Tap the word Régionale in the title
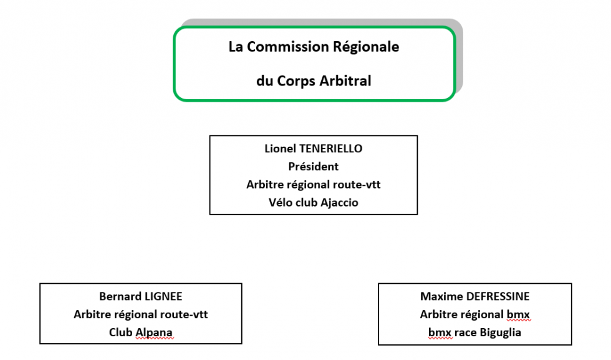click(366, 47)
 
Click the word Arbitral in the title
click(345, 80)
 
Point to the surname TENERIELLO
click(330, 148)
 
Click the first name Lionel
click(280, 148)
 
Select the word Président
click(313, 167)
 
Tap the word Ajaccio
click(339, 203)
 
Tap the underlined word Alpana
click(154, 333)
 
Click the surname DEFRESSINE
click(498, 296)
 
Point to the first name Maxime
click(441, 296)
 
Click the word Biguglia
click(500, 333)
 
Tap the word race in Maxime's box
click(466, 333)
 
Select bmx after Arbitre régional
click(518, 314)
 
